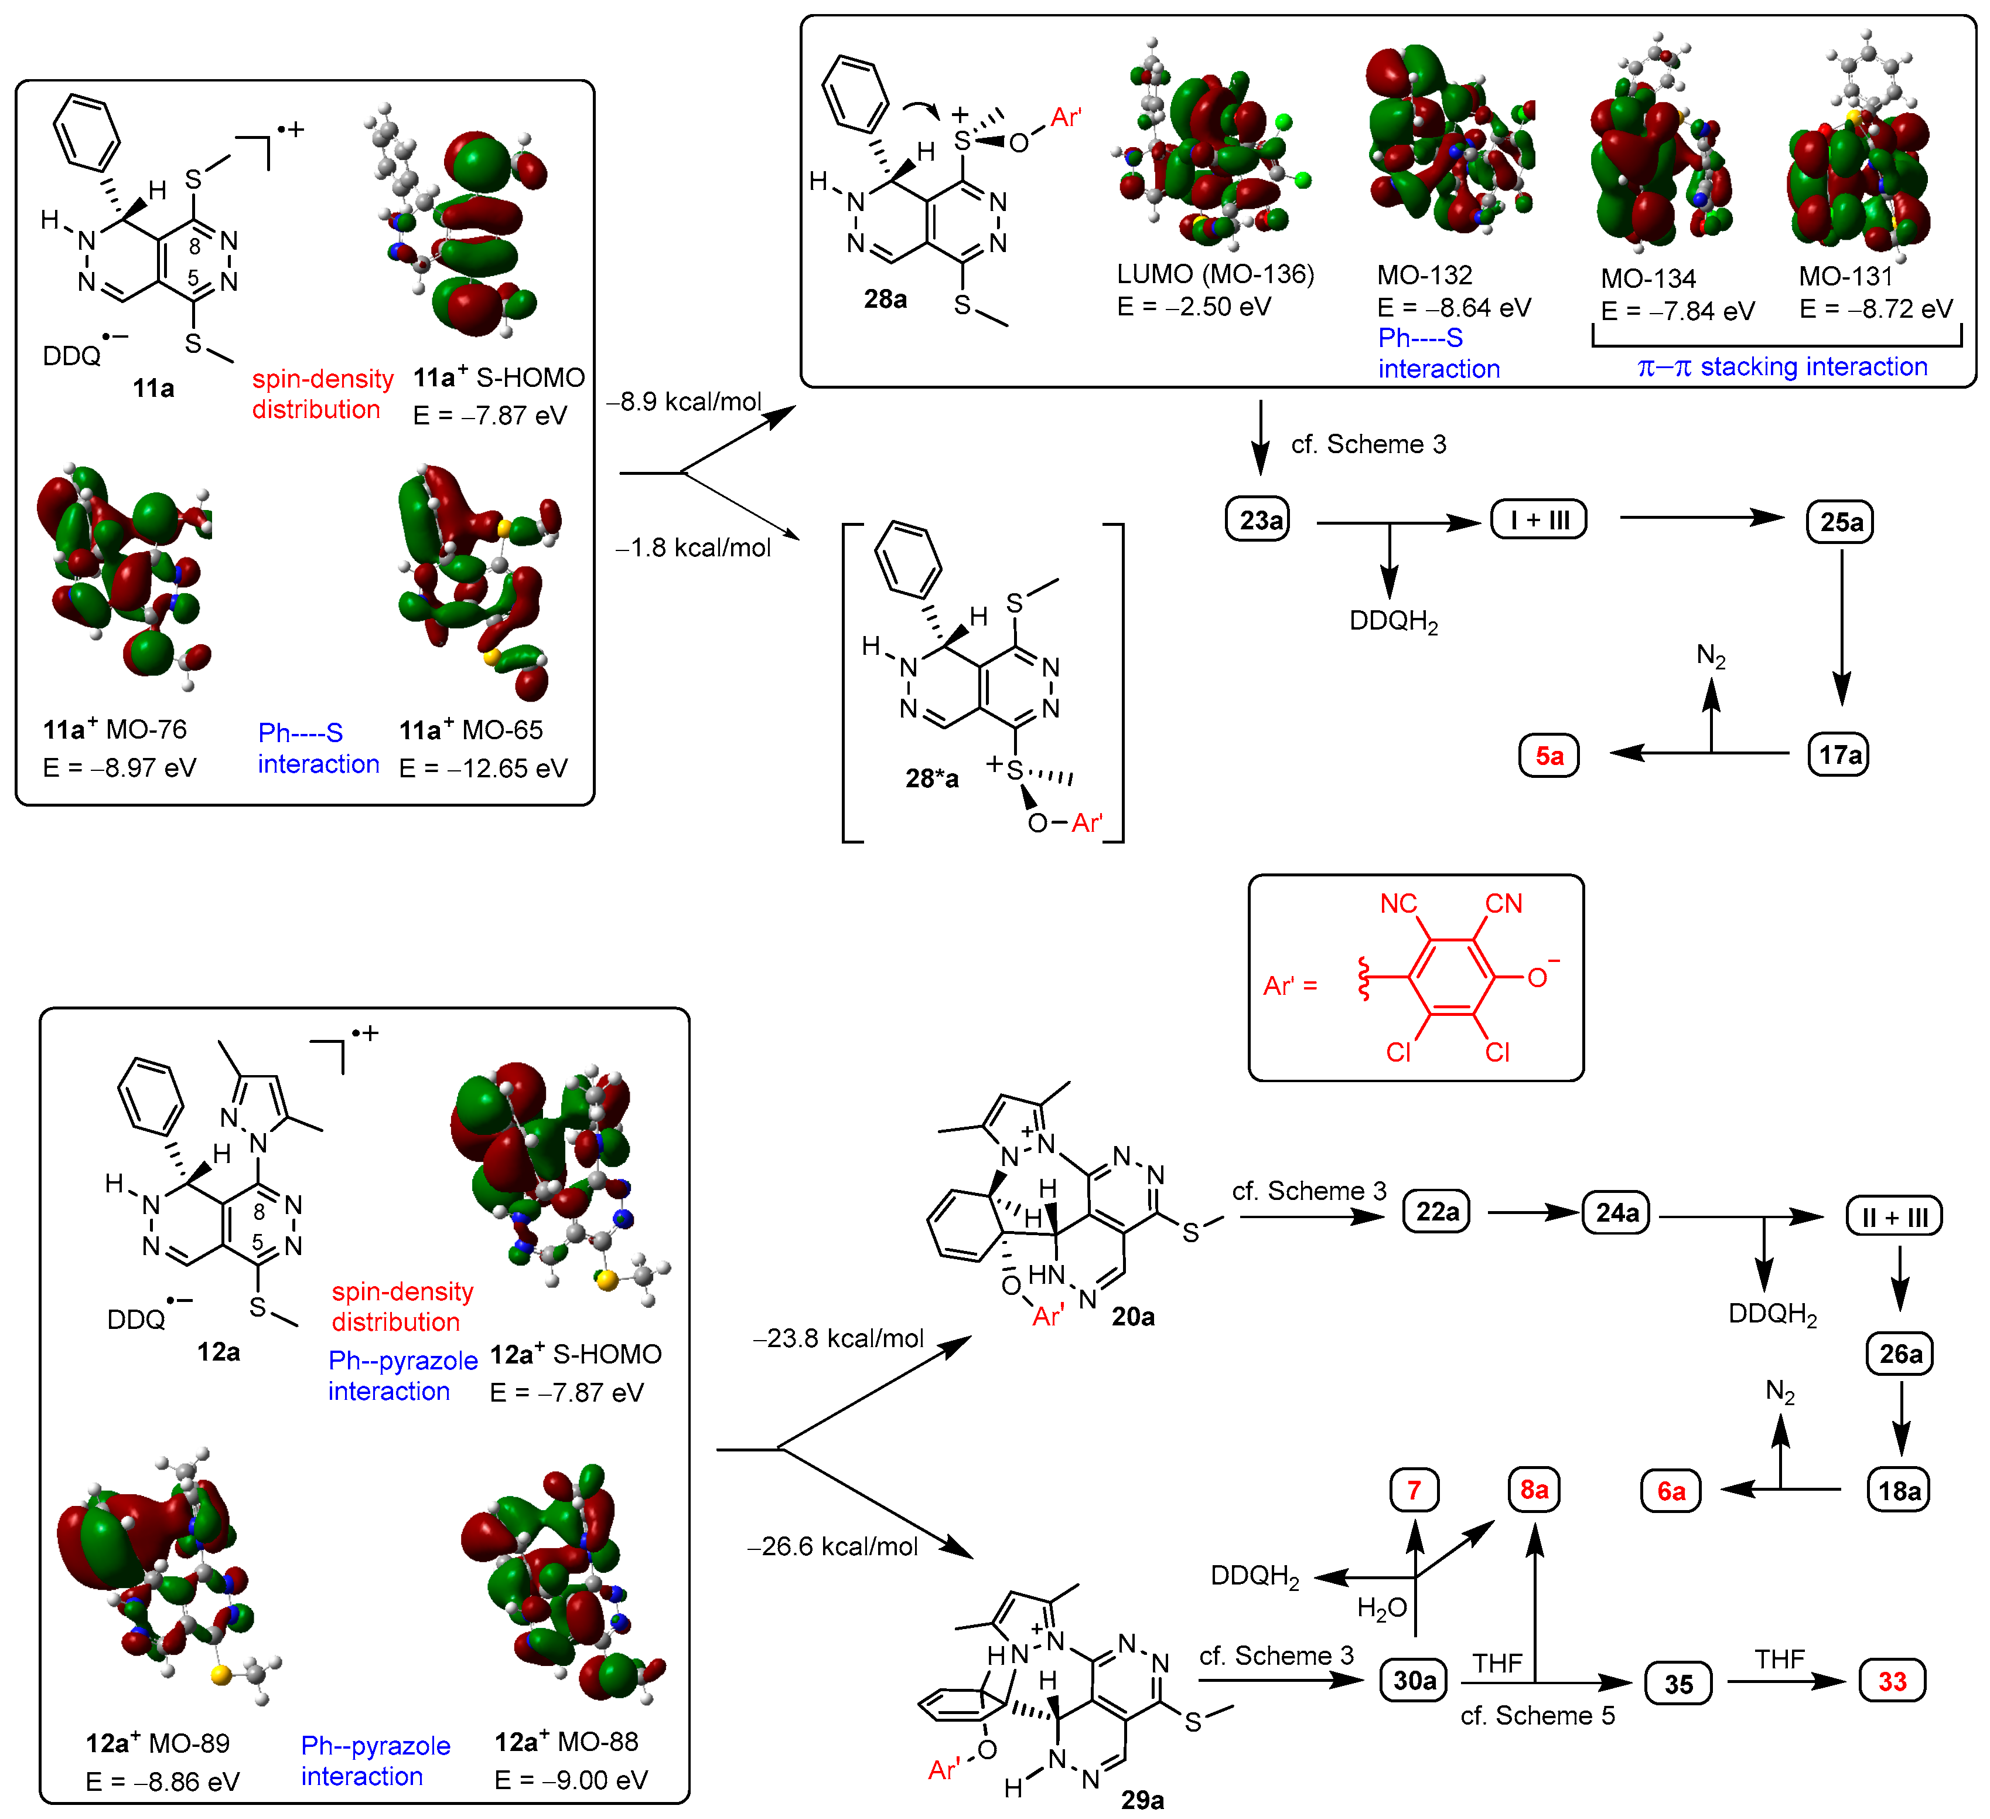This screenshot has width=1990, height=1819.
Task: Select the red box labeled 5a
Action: (x=1549, y=756)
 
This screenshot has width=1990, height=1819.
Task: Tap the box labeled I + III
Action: (x=1539, y=519)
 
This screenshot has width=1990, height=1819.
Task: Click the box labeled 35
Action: (x=1678, y=1684)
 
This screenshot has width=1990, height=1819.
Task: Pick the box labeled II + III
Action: (x=1895, y=1216)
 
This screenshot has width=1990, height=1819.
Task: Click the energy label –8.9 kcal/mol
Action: (x=684, y=402)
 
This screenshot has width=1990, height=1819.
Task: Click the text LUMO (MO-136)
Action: (x=1215, y=274)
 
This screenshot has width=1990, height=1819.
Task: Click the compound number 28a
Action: (x=885, y=299)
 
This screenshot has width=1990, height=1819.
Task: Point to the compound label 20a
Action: (x=1133, y=1317)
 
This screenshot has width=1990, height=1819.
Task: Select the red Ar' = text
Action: (x=1290, y=985)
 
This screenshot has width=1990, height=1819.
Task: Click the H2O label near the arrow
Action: (x=1381, y=1610)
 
